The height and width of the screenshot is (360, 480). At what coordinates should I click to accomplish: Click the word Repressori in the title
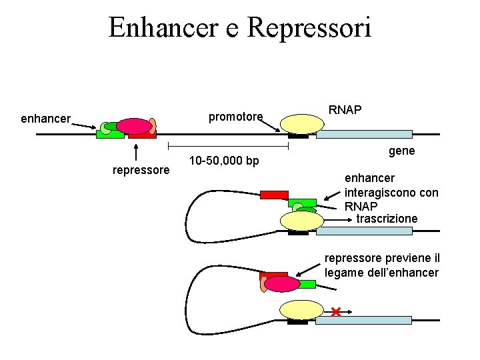click(309, 28)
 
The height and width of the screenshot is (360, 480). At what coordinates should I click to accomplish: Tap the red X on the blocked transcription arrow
click(336, 312)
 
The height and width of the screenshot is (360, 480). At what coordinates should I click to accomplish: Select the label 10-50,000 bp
click(224, 161)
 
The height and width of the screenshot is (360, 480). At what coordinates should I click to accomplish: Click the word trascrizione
click(387, 219)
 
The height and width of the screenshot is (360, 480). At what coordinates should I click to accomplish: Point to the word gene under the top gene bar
click(401, 151)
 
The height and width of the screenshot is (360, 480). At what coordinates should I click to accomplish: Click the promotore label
click(235, 117)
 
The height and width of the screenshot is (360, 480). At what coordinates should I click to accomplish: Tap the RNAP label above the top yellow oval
click(345, 109)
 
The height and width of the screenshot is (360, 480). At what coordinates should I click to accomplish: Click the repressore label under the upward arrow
click(141, 170)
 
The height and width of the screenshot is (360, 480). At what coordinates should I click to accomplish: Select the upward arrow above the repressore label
click(136, 152)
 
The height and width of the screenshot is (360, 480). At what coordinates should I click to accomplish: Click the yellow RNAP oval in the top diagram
click(302, 124)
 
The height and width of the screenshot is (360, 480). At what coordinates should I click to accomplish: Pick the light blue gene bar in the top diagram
click(364, 134)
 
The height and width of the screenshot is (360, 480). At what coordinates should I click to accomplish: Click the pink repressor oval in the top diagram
click(135, 126)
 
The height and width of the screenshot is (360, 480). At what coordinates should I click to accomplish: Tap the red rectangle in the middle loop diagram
click(274, 195)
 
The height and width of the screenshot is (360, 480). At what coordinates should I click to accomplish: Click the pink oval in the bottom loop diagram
click(282, 285)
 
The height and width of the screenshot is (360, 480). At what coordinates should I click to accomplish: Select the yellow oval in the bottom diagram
click(302, 310)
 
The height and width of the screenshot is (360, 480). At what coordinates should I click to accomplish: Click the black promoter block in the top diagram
click(298, 136)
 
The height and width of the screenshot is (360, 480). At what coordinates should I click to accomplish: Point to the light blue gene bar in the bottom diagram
click(364, 320)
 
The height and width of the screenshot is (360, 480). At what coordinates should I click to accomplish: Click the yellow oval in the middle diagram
click(302, 221)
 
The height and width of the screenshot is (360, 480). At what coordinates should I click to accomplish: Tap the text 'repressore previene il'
click(382, 259)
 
